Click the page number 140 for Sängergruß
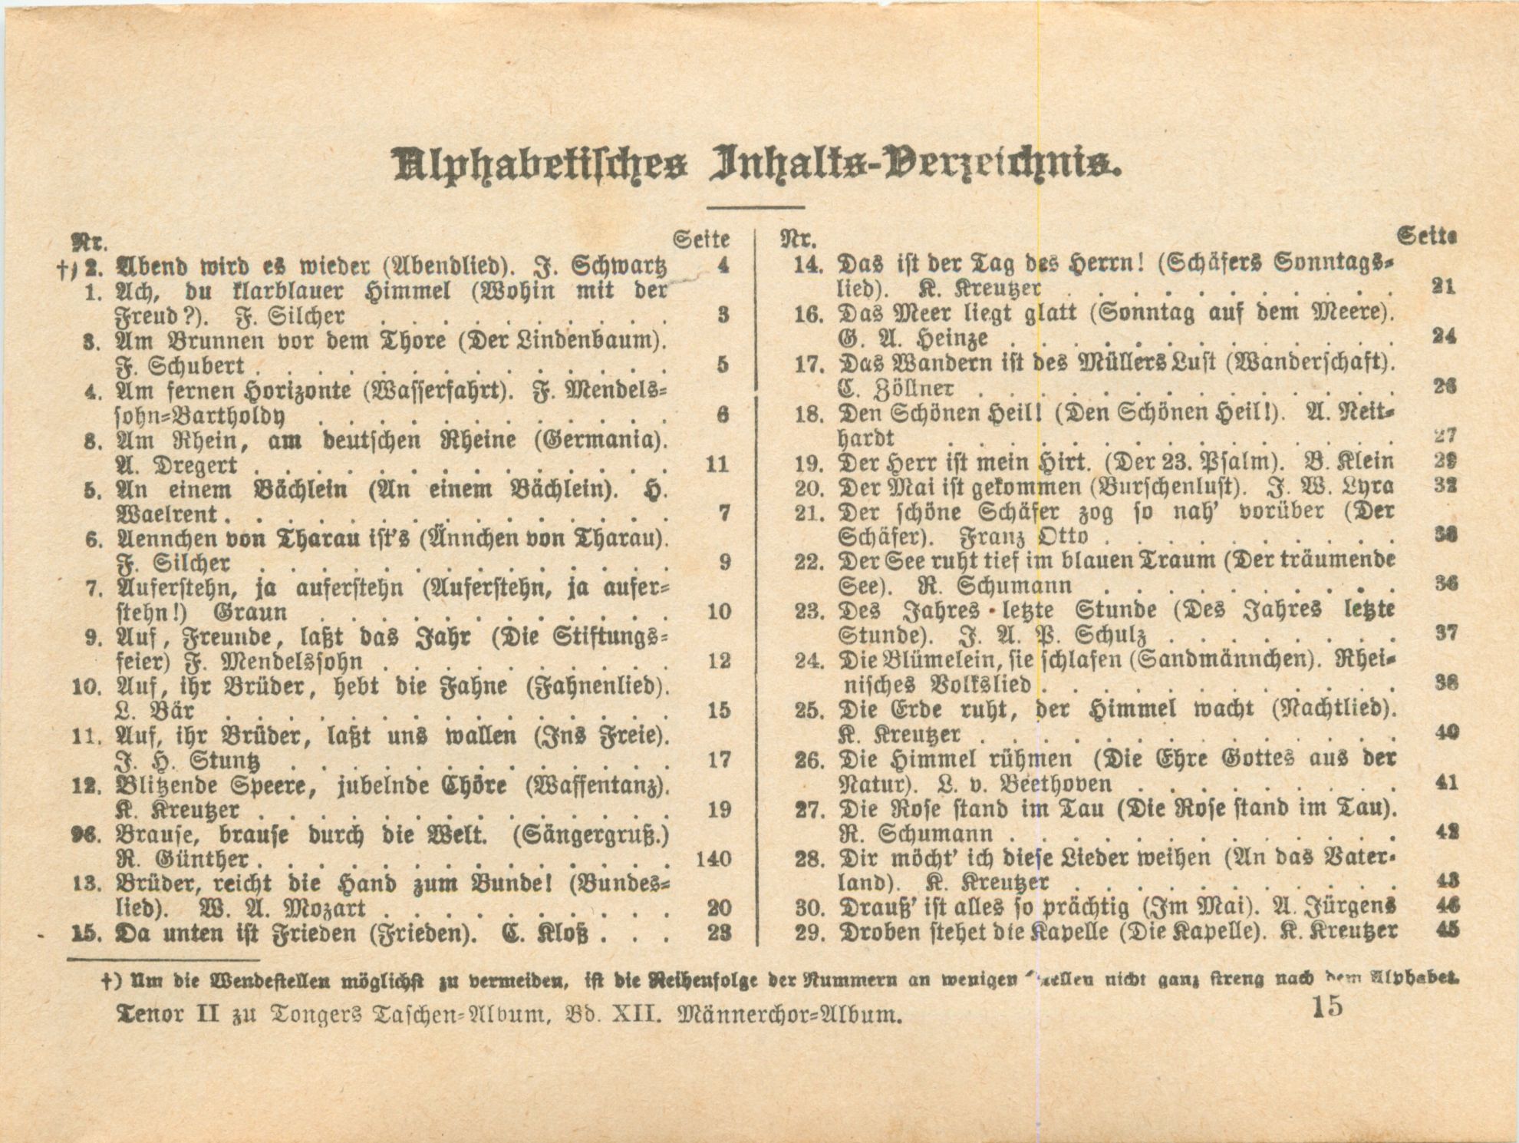pos(713,859)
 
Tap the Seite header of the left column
pos(700,240)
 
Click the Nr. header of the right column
pos(798,239)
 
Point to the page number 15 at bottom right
pos(1328,1006)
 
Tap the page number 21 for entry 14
pos(1443,286)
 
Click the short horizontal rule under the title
pos(755,207)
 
